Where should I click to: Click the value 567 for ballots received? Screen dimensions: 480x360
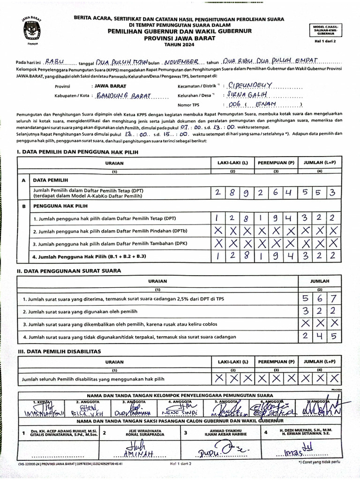[319, 299]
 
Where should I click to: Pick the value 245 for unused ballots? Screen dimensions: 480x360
[319, 336]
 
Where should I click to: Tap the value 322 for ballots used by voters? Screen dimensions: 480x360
[319, 311]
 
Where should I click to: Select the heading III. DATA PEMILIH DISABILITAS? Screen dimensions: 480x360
[59, 351]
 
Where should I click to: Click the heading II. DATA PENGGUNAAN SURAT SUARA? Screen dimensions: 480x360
[69, 270]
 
